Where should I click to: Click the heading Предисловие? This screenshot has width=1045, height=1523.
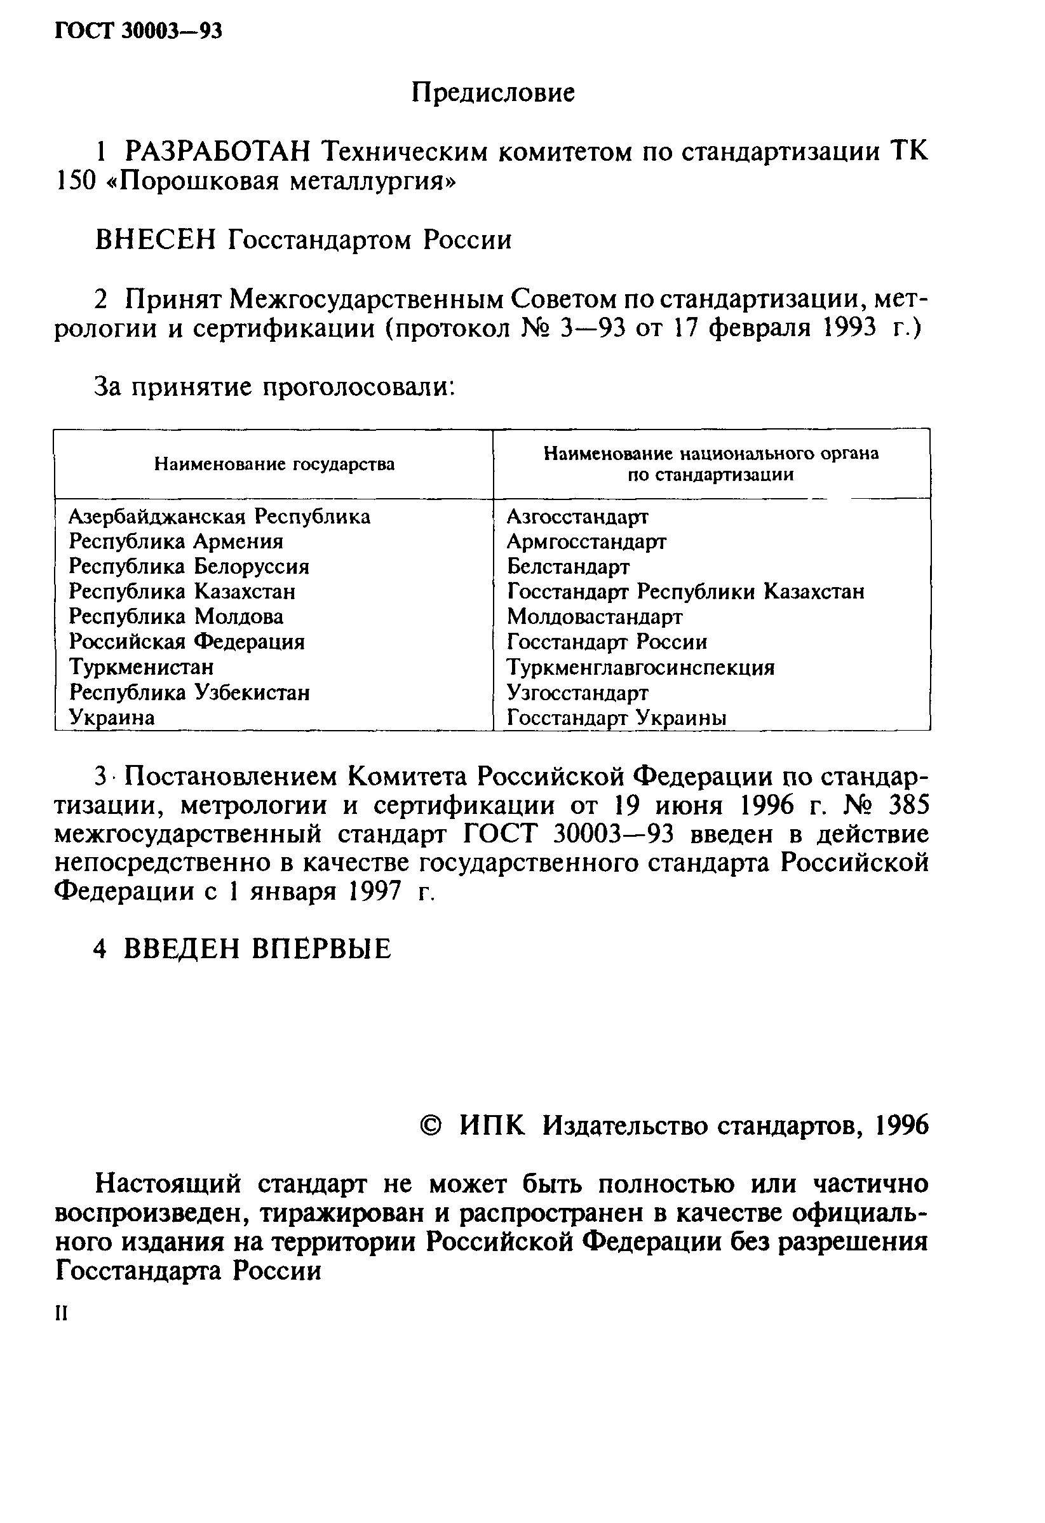(493, 93)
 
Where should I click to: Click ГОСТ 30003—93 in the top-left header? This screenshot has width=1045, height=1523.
(138, 30)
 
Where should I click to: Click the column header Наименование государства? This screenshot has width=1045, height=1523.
(274, 464)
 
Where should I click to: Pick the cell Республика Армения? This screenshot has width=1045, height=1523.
(176, 542)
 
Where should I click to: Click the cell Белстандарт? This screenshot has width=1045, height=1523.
(568, 567)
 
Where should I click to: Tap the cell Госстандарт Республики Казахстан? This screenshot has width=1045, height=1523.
(685, 592)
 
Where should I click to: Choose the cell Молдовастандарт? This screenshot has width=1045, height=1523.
(594, 618)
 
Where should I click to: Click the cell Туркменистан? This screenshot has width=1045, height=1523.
(142, 668)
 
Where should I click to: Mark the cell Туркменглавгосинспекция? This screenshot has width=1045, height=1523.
(641, 668)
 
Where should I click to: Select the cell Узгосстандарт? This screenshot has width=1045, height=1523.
(578, 693)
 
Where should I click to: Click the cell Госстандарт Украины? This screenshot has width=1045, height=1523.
(616, 718)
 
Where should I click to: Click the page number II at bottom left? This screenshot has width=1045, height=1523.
(62, 1313)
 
